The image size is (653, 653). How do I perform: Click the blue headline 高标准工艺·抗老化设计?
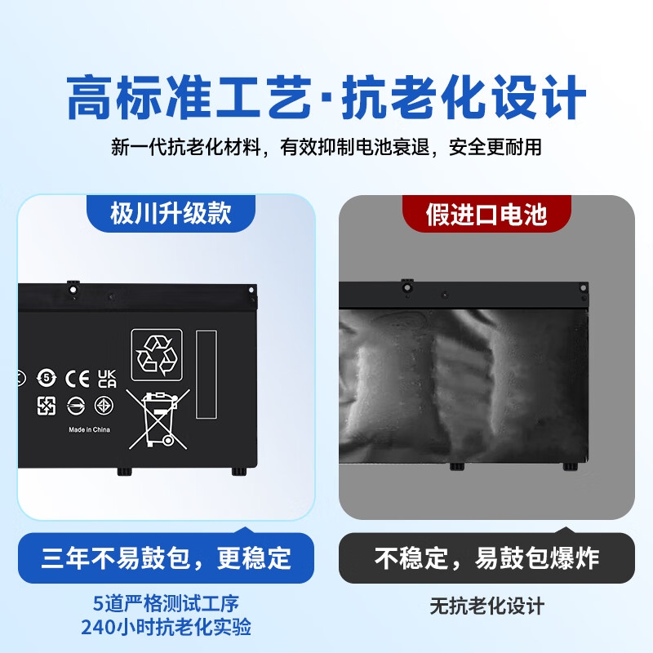(326, 97)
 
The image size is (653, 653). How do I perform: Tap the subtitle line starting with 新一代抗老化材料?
(326, 147)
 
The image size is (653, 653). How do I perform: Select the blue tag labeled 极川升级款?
(171, 213)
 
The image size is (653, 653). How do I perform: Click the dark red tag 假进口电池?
(486, 214)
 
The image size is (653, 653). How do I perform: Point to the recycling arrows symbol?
(157, 355)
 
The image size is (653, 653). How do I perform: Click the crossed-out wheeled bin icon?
(158, 420)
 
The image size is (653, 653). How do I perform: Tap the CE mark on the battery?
(78, 379)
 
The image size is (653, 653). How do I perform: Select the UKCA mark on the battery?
(107, 379)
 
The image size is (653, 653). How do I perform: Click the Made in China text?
(89, 429)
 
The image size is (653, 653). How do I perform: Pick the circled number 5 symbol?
(47, 378)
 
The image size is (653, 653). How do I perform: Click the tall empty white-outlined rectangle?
(207, 374)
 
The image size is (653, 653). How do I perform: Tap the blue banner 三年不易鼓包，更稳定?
(166, 558)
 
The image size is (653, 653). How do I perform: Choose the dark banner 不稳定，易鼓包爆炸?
(486, 558)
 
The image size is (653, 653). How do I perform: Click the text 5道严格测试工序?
(166, 603)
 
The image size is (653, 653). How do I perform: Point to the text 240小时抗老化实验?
(166, 627)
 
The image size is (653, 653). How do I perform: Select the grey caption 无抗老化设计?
(486, 606)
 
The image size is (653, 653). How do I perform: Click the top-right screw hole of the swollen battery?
(583, 288)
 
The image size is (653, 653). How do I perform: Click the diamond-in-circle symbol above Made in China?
(104, 405)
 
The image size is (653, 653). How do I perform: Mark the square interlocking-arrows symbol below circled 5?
(47, 406)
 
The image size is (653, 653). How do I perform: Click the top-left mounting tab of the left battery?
(73, 288)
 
